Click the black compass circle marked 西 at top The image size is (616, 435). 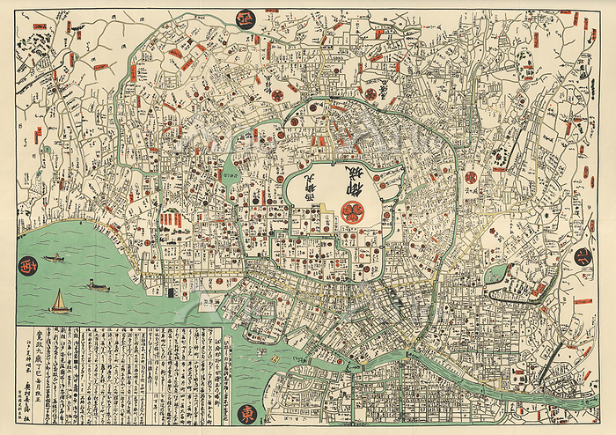click(x=246, y=18)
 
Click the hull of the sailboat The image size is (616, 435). click(x=59, y=310)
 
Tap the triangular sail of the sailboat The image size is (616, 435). click(x=59, y=299)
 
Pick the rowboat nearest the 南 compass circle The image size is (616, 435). click(x=55, y=258)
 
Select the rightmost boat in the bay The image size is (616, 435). click(x=99, y=286)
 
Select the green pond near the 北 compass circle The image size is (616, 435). click(x=496, y=274)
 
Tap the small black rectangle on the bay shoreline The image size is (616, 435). click(x=210, y=299)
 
